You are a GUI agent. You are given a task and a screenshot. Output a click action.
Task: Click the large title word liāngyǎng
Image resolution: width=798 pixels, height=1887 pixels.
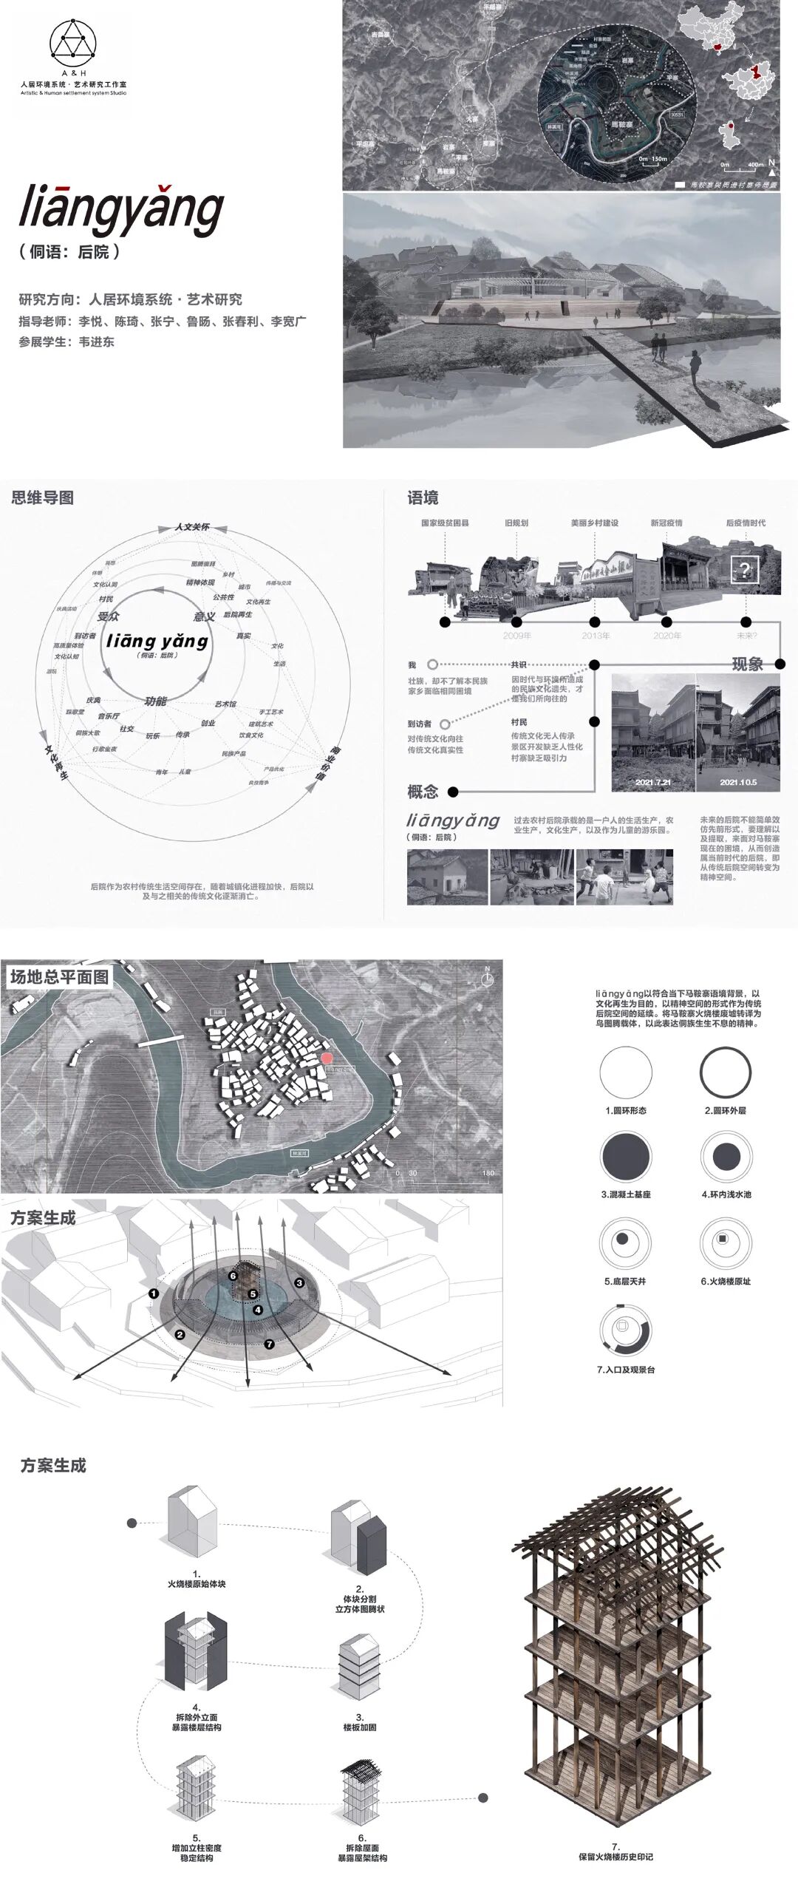(121, 209)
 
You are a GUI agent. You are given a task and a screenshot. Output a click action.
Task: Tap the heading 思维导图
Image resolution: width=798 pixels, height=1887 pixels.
(43, 497)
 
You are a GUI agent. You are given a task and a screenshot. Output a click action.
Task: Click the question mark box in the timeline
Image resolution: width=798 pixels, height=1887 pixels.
(745, 570)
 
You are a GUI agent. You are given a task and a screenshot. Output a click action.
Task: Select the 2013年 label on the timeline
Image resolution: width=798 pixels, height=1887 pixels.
(596, 636)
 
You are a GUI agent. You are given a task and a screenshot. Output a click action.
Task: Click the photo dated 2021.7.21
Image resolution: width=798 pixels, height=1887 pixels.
(653, 732)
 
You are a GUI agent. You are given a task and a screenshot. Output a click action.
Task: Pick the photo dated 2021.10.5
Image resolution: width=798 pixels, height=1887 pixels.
(738, 732)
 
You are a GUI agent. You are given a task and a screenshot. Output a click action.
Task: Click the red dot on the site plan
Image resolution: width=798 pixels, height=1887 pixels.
(327, 1058)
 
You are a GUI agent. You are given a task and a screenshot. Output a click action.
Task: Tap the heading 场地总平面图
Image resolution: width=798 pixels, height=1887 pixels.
(60, 976)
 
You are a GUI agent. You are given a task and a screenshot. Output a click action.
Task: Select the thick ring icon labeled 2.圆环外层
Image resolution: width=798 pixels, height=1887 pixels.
(726, 1073)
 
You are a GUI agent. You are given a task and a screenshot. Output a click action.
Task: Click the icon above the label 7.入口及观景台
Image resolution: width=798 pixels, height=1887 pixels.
(625, 1328)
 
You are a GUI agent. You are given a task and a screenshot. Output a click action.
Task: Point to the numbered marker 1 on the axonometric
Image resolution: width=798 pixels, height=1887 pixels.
(154, 1293)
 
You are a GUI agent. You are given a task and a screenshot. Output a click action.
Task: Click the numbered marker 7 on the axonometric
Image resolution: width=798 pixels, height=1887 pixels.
(269, 1343)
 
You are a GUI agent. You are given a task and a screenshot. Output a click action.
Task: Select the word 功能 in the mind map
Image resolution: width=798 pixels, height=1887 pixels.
(155, 701)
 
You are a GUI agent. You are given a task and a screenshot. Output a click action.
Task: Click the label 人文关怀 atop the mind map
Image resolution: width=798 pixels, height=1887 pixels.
(192, 527)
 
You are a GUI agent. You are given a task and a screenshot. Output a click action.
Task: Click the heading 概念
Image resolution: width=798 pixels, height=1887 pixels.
(423, 792)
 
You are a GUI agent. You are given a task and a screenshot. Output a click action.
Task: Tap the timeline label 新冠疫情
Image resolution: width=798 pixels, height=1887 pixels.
(666, 523)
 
